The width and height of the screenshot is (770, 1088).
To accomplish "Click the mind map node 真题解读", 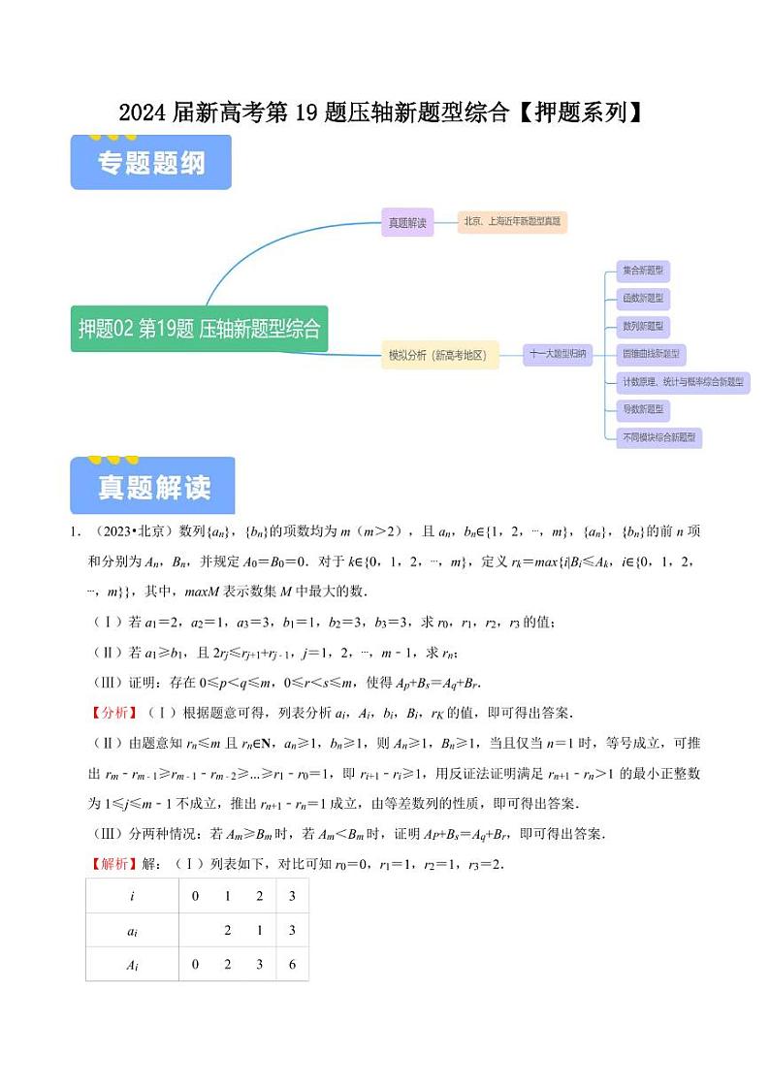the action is [407, 222].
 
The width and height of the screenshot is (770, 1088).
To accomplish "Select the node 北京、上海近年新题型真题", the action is [513, 222].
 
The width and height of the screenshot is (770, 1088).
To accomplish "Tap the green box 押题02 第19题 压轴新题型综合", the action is [199, 329].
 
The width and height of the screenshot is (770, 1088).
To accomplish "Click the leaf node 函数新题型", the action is [643, 299].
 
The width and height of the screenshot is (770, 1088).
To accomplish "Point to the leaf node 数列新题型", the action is [643, 327].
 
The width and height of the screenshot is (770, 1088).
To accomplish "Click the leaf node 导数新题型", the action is [643, 410].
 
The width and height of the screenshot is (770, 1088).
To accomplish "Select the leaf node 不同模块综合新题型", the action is [658, 438].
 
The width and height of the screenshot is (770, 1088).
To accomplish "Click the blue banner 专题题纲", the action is [151, 164].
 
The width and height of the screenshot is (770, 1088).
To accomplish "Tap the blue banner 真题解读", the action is [153, 488].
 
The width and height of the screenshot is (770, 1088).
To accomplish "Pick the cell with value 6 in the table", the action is [292, 964].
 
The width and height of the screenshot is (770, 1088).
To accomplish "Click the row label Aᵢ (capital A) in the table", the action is [132, 964].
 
